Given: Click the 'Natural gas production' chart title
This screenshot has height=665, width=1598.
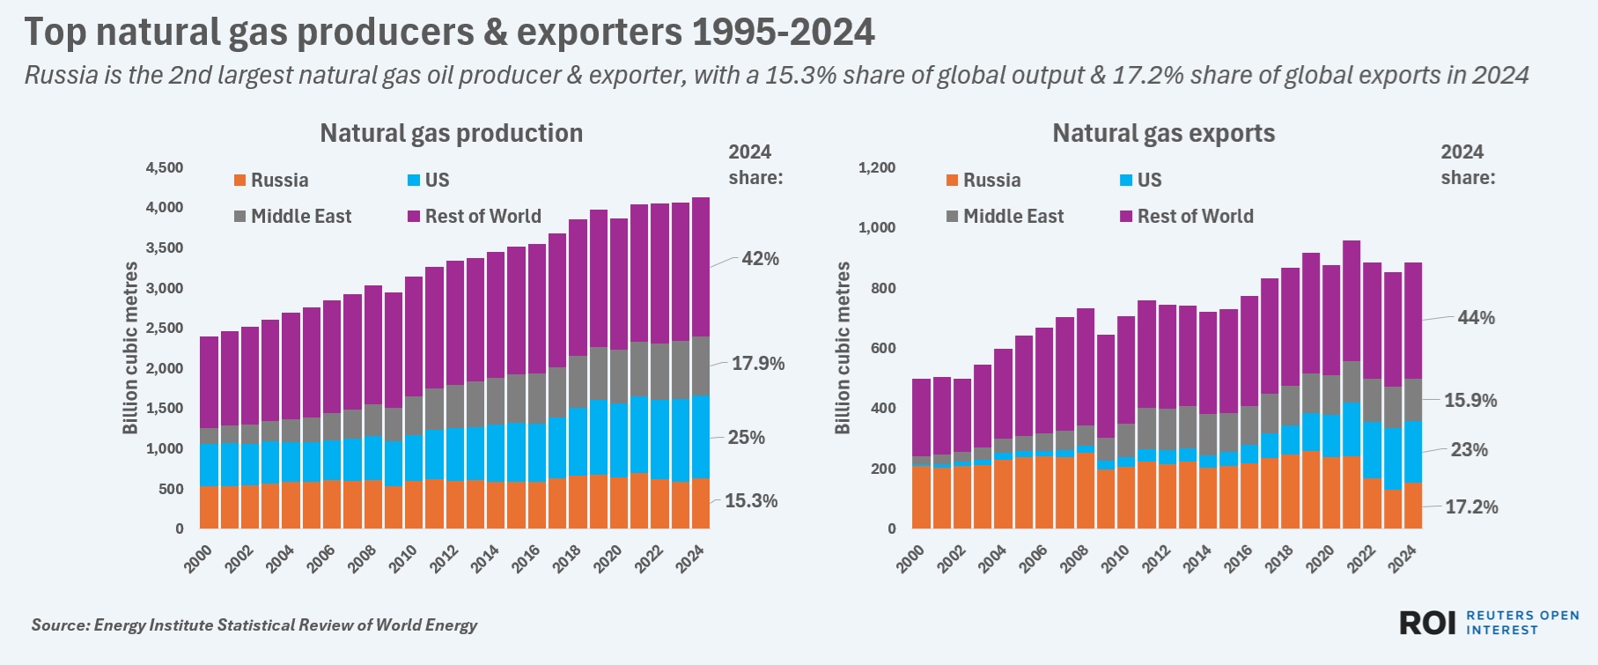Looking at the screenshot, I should [451, 133].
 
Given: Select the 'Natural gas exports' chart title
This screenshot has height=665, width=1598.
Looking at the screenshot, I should [1163, 133].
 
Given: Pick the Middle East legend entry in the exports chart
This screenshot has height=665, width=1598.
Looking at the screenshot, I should [1005, 217].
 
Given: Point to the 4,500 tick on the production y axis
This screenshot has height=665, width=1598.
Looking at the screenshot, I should [165, 167].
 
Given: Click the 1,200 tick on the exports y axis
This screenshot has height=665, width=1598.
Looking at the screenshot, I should [877, 167].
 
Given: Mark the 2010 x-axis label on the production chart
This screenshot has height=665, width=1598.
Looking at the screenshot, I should [403, 558].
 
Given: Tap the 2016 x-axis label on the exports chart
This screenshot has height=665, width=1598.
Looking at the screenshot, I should [1238, 558].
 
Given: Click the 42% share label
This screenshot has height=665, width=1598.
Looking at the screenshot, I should [760, 259].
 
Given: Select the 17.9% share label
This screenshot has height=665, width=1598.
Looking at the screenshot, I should [758, 364].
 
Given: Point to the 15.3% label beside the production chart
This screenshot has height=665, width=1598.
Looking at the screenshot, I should [751, 501].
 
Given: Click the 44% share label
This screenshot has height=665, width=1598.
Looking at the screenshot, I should [1476, 318].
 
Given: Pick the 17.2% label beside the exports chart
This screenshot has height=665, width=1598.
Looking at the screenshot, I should [1471, 507].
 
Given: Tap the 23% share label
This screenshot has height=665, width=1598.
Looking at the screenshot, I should [1469, 450].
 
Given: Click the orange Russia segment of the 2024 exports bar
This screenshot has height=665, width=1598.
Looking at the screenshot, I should [1412, 506].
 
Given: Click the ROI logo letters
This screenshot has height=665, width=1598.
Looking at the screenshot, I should [1427, 624].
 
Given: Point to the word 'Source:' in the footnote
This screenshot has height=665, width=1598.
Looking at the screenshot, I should [60, 625].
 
